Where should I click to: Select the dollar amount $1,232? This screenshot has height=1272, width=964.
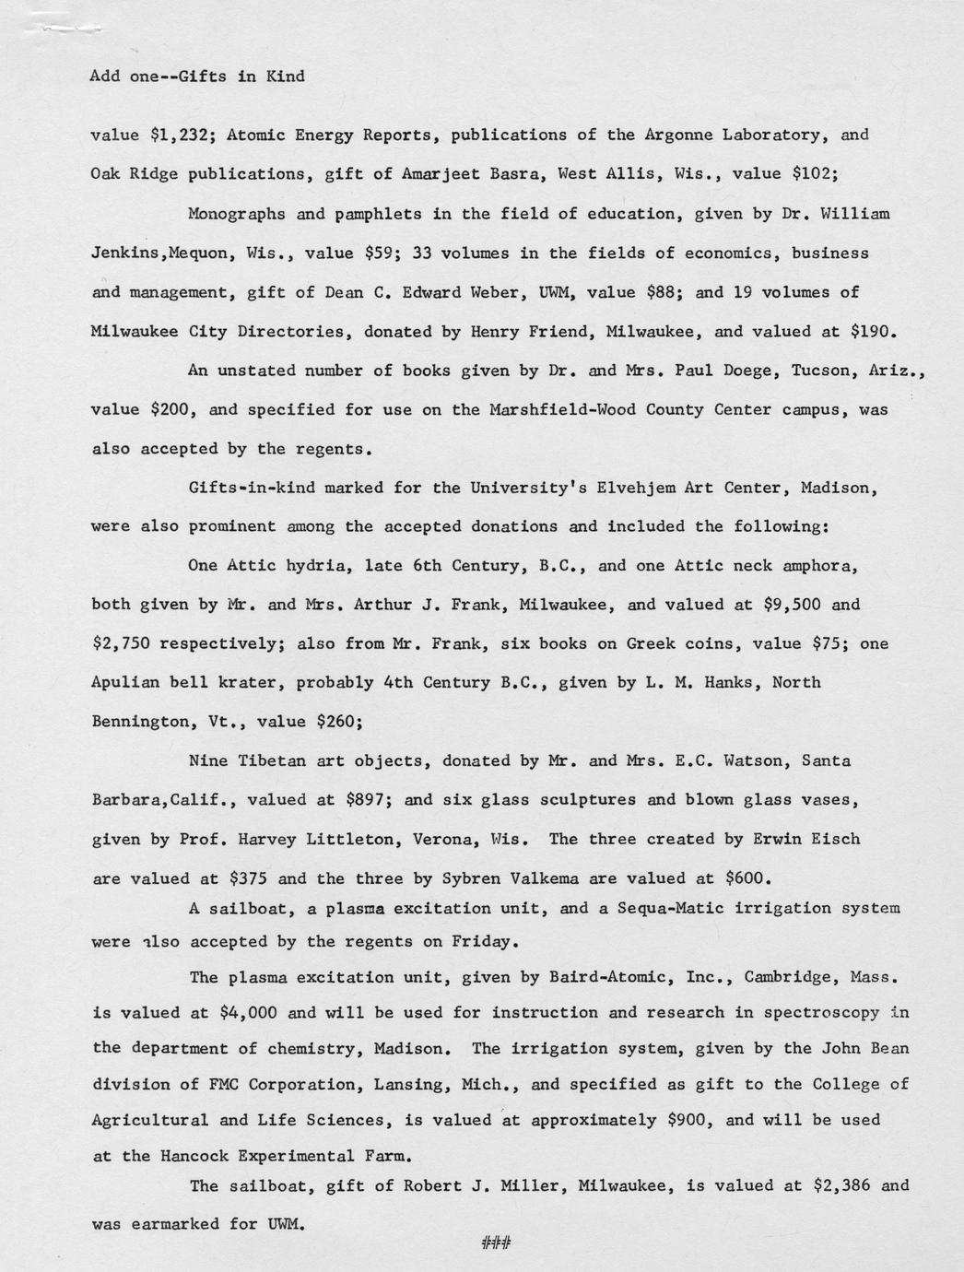(x=181, y=135)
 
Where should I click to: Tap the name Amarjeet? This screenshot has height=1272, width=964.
(x=442, y=174)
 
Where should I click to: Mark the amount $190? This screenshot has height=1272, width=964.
(x=872, y=331)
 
